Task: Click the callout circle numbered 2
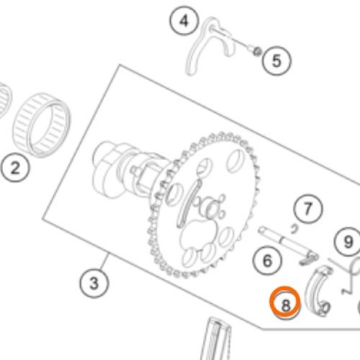tap(15, 168)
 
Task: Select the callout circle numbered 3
tap(94, 283)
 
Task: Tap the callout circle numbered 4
tap(184, 21)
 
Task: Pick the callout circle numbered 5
tap(276, 60)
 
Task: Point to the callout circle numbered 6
tap(267, 261)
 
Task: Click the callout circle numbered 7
tap(308, 209)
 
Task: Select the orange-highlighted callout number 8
tap(285, 303)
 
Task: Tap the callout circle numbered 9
tap(348, 241)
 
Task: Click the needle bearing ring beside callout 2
tap(42, 125)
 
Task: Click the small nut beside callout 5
tap(258, 51)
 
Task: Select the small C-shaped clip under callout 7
tap(294, 229)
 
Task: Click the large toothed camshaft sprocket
tap(204, 204)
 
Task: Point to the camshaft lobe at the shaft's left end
tap(108, 169)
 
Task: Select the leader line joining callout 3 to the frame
tap(104, 262)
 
